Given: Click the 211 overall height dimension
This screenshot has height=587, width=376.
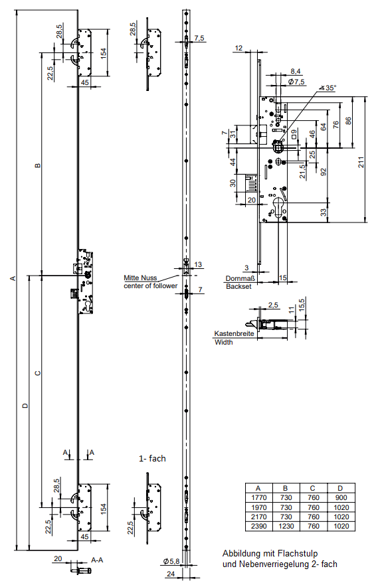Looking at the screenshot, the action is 361,162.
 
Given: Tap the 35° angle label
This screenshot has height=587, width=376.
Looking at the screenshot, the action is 330,88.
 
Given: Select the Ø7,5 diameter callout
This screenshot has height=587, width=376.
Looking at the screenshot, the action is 296,82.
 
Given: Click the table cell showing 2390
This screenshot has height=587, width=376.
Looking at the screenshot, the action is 259,526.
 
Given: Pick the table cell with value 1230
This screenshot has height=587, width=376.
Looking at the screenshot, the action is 286,526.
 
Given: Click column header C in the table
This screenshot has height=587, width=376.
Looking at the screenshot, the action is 313,488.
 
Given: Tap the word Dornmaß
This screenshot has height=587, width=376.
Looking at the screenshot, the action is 240,278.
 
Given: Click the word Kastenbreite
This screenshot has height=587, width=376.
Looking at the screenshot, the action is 234,333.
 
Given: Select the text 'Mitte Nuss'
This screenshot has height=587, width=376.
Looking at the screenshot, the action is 140,278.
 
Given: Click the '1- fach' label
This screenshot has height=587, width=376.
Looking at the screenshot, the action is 152,459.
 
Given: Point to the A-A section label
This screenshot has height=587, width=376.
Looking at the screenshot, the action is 97,560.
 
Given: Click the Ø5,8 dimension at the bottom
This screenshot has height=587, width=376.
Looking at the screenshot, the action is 171,561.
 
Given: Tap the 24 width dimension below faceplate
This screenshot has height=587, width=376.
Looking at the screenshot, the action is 171,574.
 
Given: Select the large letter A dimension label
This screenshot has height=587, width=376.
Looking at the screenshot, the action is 13,278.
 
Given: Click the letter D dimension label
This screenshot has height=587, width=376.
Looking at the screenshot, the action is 25,406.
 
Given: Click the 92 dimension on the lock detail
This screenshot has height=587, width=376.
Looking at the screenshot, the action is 324,172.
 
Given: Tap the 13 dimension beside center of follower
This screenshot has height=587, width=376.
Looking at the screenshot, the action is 198,264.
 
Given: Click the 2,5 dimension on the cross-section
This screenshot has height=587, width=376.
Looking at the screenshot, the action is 274,305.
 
